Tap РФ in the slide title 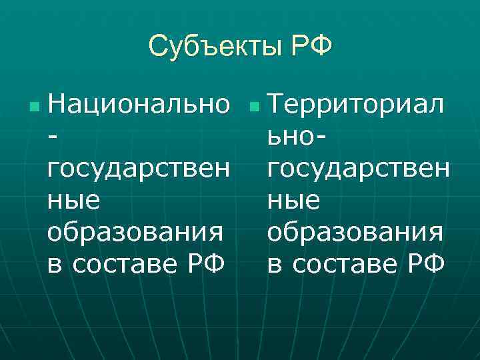tap(311, 47)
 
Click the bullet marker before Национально tap(35, 107)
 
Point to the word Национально tap(140, 105)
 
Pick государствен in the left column tap(140, 169)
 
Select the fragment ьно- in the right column tap(296, 137)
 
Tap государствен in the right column tap(358, 169)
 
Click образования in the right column tap(353, 233)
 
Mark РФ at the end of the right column tap(427, 264)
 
